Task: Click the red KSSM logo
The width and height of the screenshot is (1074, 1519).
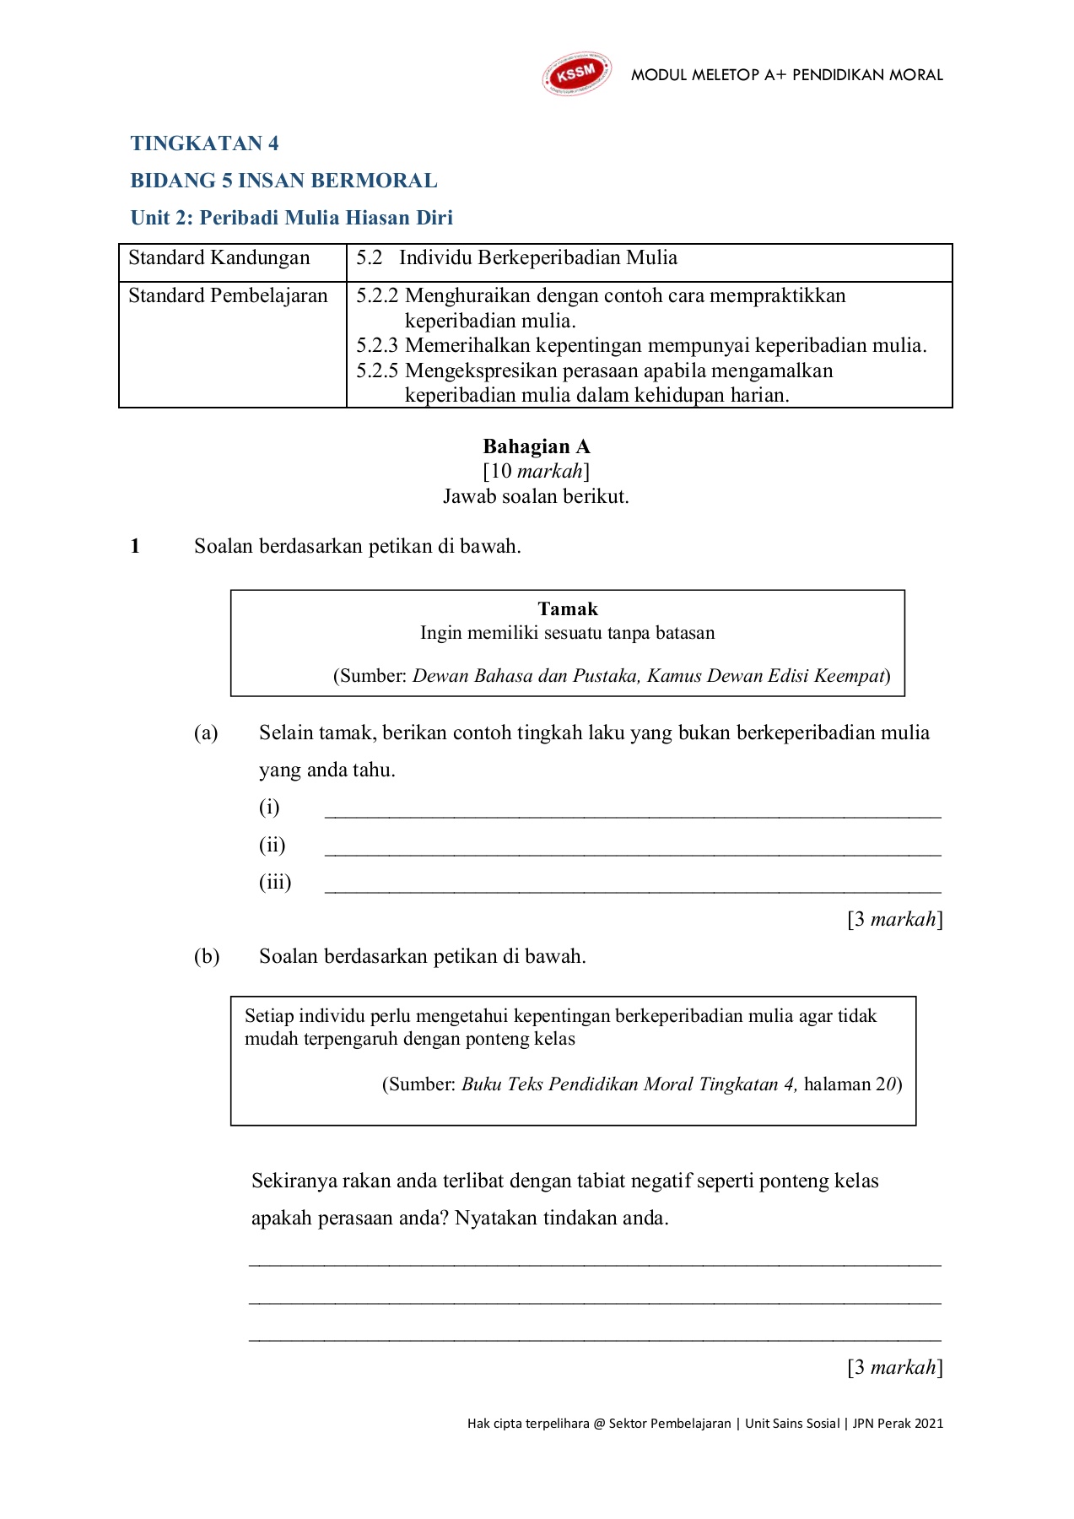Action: coord(576,74)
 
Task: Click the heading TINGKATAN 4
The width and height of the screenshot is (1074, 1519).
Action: coord(204,143)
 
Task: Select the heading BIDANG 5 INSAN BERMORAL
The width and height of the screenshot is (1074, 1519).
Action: coord(283,181)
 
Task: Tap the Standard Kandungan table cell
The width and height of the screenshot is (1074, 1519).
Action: coord(219,258)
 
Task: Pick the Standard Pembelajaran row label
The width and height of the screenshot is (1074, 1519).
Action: coord(228,296)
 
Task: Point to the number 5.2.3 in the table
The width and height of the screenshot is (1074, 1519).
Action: coord(376,346)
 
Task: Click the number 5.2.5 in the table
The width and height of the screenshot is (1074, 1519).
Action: coord(376,371)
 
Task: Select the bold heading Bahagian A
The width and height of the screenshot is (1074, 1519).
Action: coord(537,446)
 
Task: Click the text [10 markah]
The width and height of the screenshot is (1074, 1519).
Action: coord(537,471)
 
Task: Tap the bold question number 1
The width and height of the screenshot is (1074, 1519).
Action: coord(135,546)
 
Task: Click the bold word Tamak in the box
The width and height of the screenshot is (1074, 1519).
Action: coord(568,609)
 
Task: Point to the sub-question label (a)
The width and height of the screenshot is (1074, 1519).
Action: coord(206,732)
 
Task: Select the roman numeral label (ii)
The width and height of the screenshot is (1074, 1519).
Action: coord(272,845)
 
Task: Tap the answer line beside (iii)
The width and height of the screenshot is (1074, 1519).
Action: coord(633,889)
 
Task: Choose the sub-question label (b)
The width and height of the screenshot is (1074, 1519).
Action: coord(207,956)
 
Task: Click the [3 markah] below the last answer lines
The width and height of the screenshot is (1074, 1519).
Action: coord(895,1367)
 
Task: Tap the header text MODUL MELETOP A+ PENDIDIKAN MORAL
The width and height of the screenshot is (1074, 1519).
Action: coord(787,75)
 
